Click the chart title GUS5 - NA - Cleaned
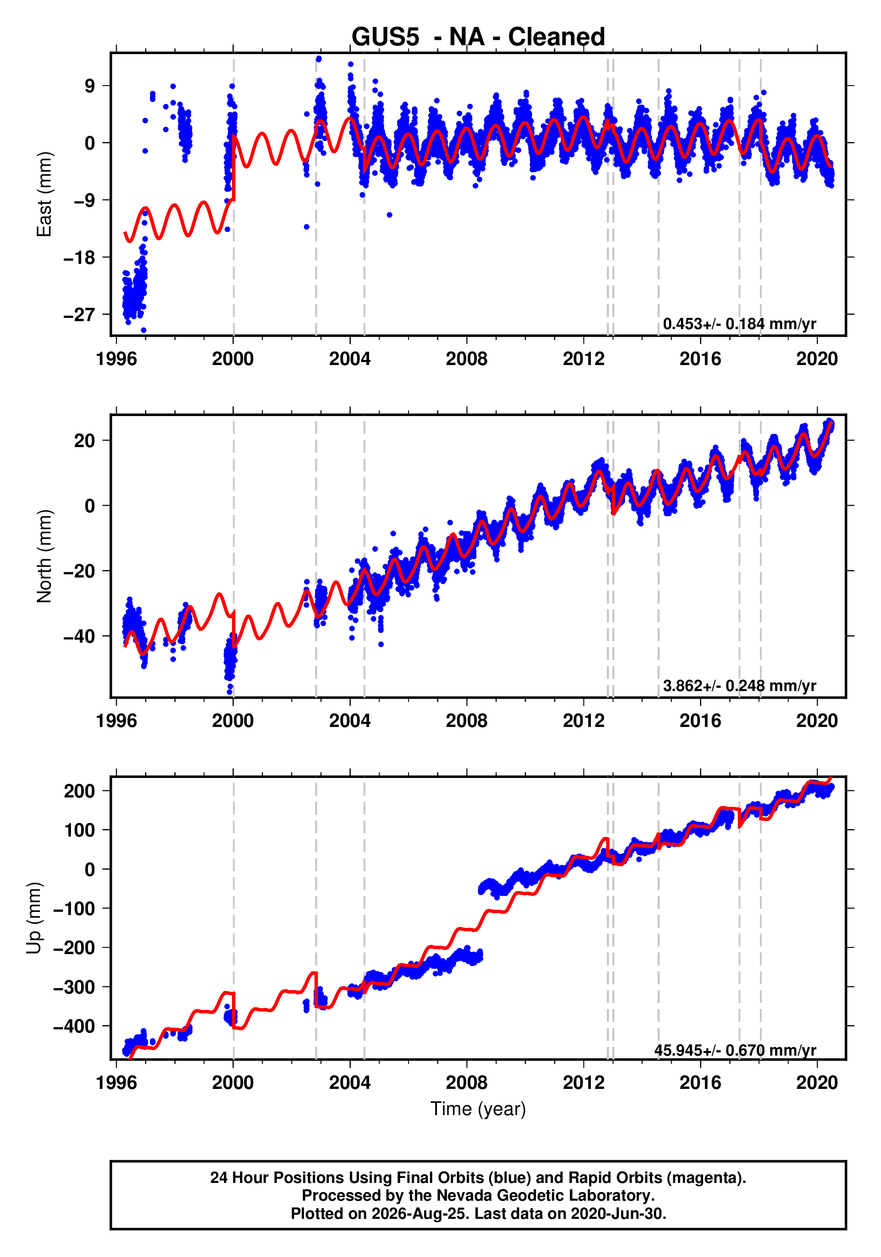tap(478, 37)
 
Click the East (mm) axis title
tap(44, 194)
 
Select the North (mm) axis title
tap(44, 556)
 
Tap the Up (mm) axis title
tap(34, 918)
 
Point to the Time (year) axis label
tap(478, 1108)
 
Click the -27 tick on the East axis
tap(79, 315)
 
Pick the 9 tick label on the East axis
tap(90, 86)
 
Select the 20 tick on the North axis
tap(84, 441)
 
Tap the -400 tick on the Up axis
tap(74, 1026)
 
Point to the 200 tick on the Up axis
tap(79, 791)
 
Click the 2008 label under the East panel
tap(467, 359)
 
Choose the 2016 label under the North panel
tap(700, 721)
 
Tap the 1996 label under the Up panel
tap(117, 1083)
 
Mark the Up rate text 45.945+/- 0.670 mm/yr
tap(735, 1050)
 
